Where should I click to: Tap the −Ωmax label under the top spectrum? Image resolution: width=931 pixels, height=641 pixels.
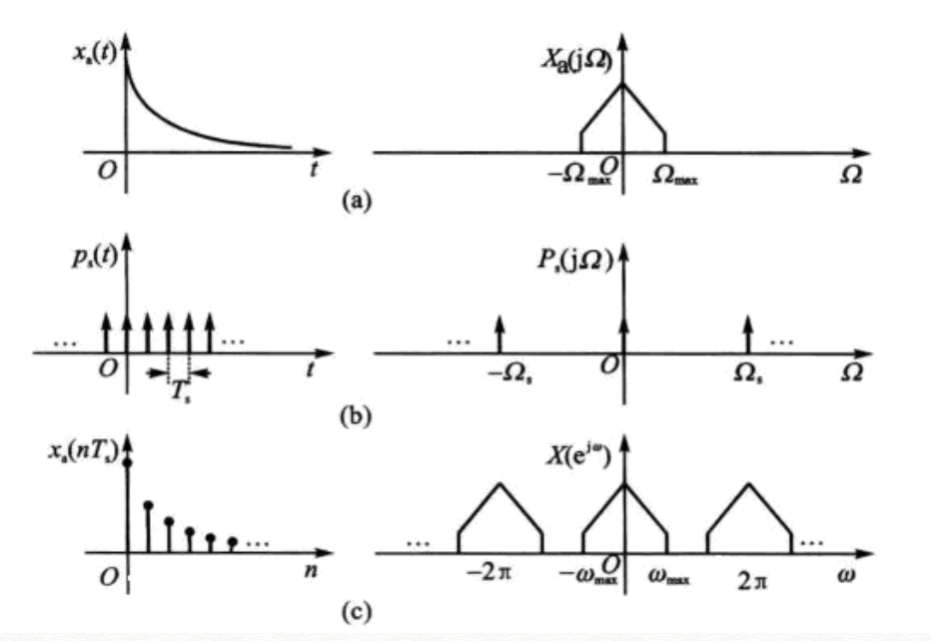click(577, 176)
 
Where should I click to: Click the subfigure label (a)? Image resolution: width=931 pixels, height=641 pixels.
click(354, 201)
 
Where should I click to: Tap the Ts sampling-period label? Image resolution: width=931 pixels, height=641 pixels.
click(177, 390)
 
